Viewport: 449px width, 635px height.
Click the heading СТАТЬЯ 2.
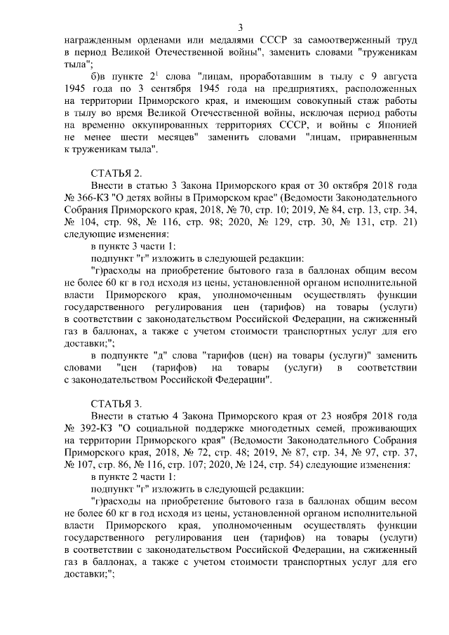tap(116, 172)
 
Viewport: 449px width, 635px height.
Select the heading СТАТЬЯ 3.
tap(116, 403)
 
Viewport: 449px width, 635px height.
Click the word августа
tap(384, 79)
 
